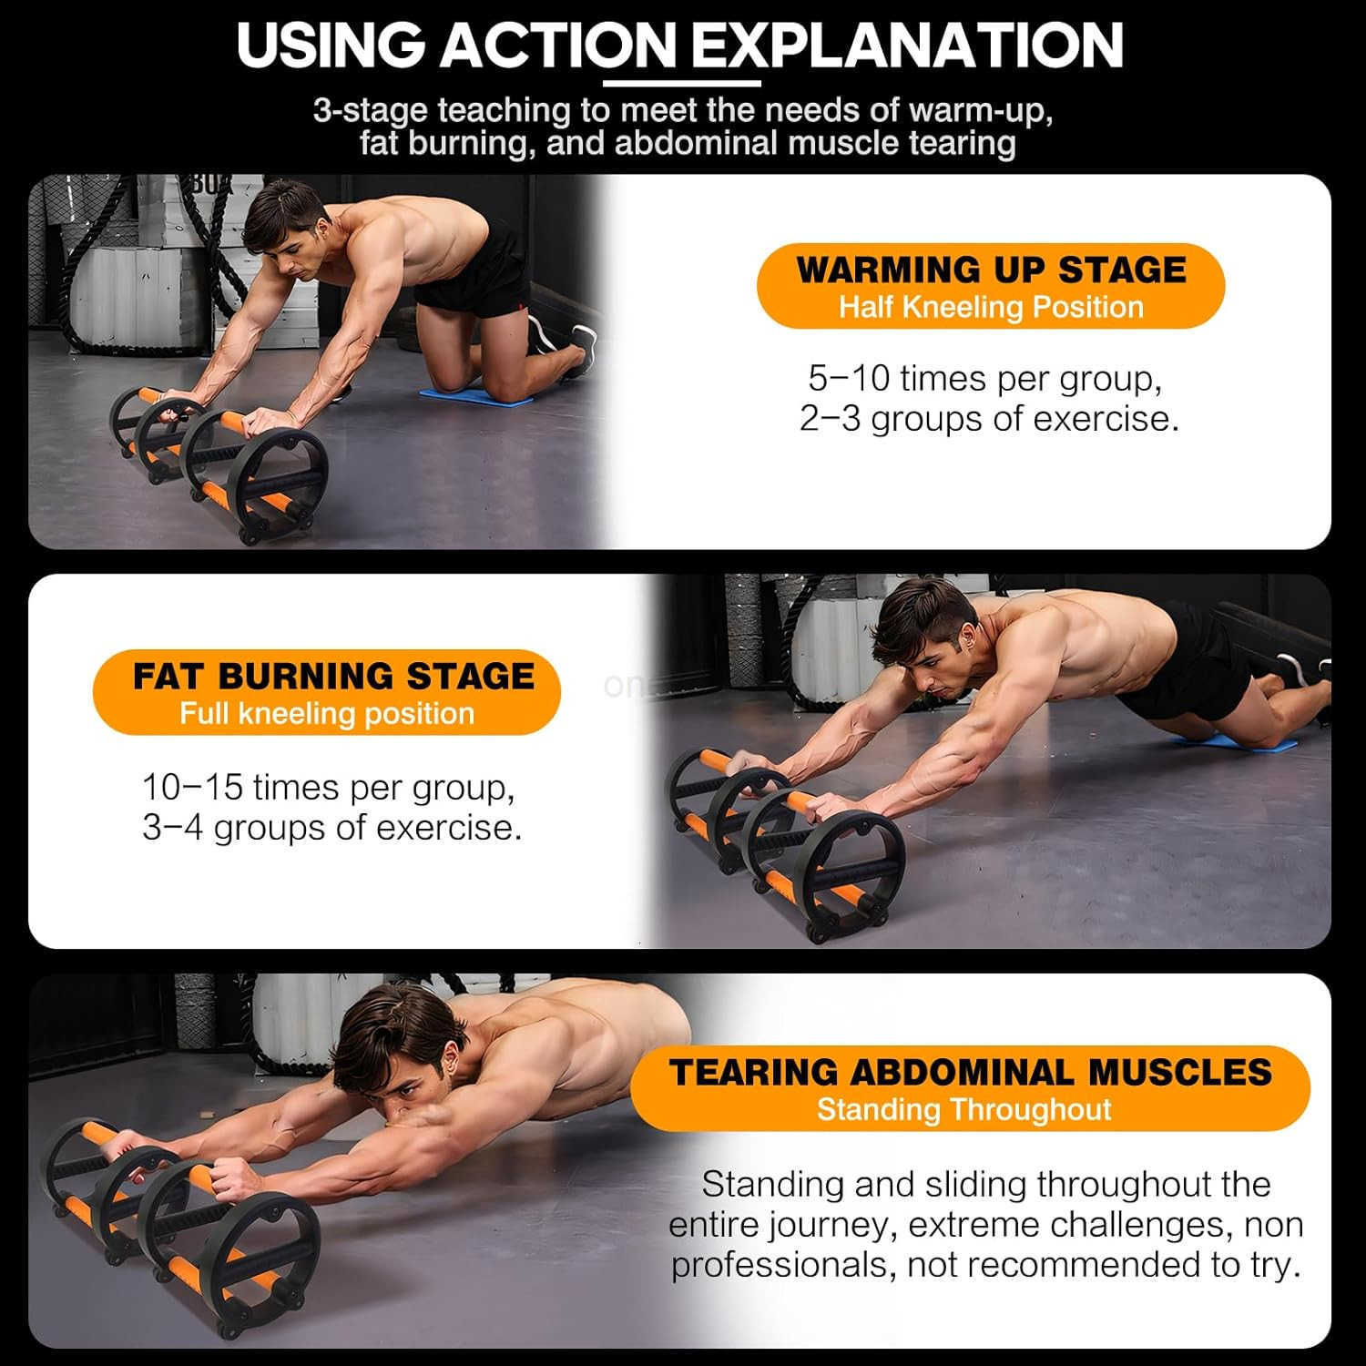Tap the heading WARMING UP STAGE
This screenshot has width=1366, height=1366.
[991, 270]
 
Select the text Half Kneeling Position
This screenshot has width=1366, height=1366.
[991, 308]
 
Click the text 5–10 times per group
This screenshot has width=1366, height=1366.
[985, 378]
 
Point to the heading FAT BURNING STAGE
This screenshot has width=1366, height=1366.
[333, 677]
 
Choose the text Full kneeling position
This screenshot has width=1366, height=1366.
[327, 714]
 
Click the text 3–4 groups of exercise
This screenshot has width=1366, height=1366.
[332, 828]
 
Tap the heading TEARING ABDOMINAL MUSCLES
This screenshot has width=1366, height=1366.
[970, 1073]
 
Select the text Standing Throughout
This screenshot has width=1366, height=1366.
[963, 1110]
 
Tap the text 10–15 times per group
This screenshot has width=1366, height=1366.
[329, 787]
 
